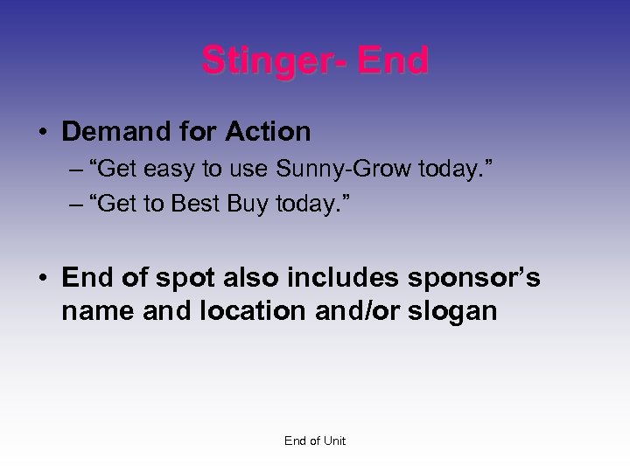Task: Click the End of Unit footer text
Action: pyautogui.click(x=315, y=441)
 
